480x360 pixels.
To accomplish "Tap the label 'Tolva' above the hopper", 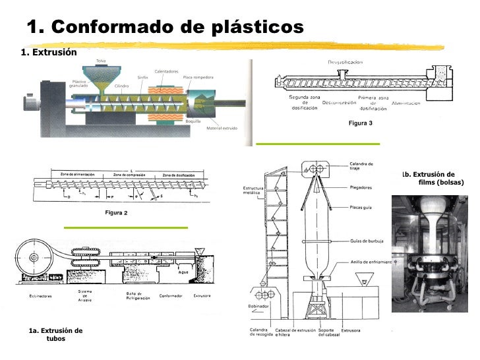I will (101, 61).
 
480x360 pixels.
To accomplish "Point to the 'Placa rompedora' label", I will (198, 77).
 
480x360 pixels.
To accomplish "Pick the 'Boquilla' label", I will (193, 121).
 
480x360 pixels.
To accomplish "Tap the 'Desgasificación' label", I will (348, 62).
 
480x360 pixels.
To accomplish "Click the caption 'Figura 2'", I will (116, 213).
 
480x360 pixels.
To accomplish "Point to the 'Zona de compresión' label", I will (129, 174).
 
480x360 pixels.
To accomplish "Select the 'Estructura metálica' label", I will (253, 191).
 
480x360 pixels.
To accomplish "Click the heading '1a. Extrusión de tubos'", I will (55, 334).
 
